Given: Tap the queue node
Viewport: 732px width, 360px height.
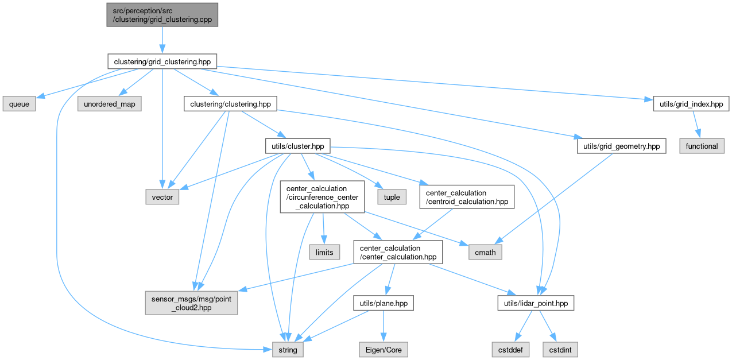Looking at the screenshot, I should click(19, 104).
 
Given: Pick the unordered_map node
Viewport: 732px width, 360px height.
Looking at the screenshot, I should click(110, 104).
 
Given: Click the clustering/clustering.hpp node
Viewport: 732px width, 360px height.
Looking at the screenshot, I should click(230, 104).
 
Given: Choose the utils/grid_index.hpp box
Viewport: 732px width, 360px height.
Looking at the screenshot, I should click(691, 104).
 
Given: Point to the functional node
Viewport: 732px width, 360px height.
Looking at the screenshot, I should click(702, 146).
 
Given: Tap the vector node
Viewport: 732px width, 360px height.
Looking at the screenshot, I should click(162, 197).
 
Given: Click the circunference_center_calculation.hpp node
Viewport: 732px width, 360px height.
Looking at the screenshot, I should click(322, 197).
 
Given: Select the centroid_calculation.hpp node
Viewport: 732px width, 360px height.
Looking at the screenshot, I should click(464, 197).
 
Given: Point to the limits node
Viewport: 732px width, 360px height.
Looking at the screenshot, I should click(324, 252).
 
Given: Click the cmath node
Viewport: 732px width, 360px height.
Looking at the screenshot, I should click(486, 252).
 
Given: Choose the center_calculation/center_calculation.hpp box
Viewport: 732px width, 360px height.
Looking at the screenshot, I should click(398, 252).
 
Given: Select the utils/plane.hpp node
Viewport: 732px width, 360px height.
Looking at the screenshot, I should click(383, 303).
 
